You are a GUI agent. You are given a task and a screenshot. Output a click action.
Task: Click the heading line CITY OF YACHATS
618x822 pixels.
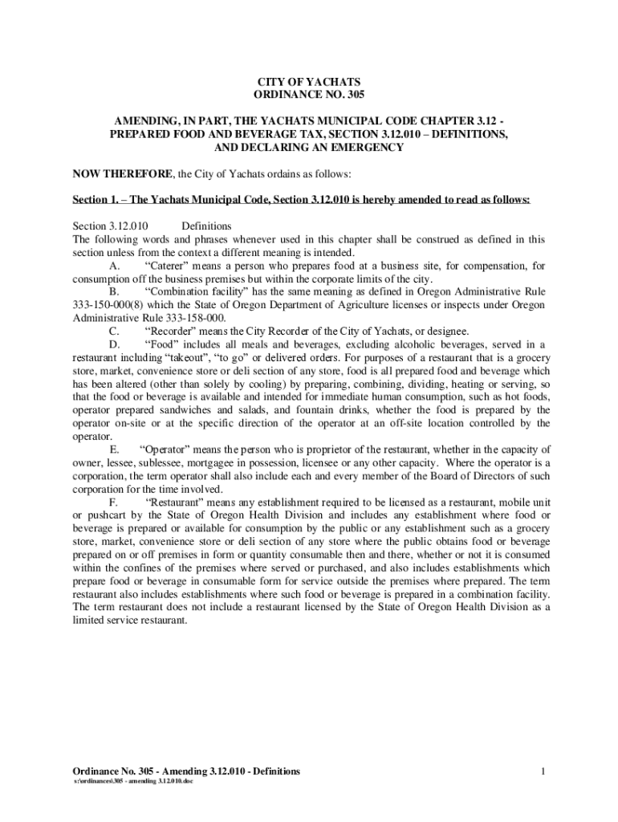coord(308,83)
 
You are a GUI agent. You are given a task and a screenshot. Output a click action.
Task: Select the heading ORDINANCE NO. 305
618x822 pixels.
coord(308,96)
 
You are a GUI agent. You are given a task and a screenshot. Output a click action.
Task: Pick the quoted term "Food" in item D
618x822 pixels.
coord(164,344)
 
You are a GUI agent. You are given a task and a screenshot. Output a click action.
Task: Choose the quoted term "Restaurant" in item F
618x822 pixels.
coord(177,502)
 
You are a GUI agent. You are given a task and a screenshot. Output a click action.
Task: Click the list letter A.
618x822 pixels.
coord(114,266)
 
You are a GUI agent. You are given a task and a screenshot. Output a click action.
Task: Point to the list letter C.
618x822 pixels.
coord(114,331)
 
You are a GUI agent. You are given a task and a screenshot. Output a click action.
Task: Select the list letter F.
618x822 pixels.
coord(114,502)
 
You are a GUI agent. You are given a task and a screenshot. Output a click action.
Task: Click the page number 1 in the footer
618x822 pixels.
coord(543,771)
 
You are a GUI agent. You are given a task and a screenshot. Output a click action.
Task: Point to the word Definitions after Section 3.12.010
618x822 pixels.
coord(206,226)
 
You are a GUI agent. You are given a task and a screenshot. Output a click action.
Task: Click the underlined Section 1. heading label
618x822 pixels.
coord(100,200)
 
